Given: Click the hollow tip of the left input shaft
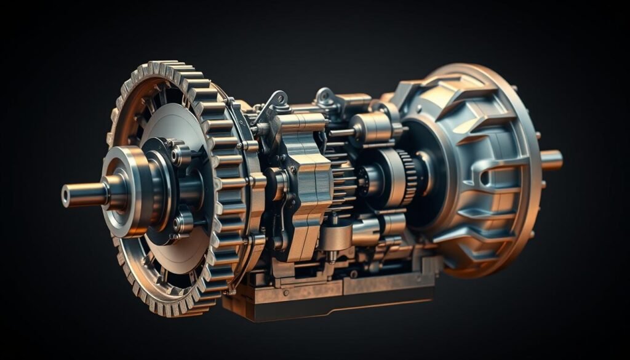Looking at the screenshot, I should click(66, 196).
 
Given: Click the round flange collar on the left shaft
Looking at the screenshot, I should click(126, 191).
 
